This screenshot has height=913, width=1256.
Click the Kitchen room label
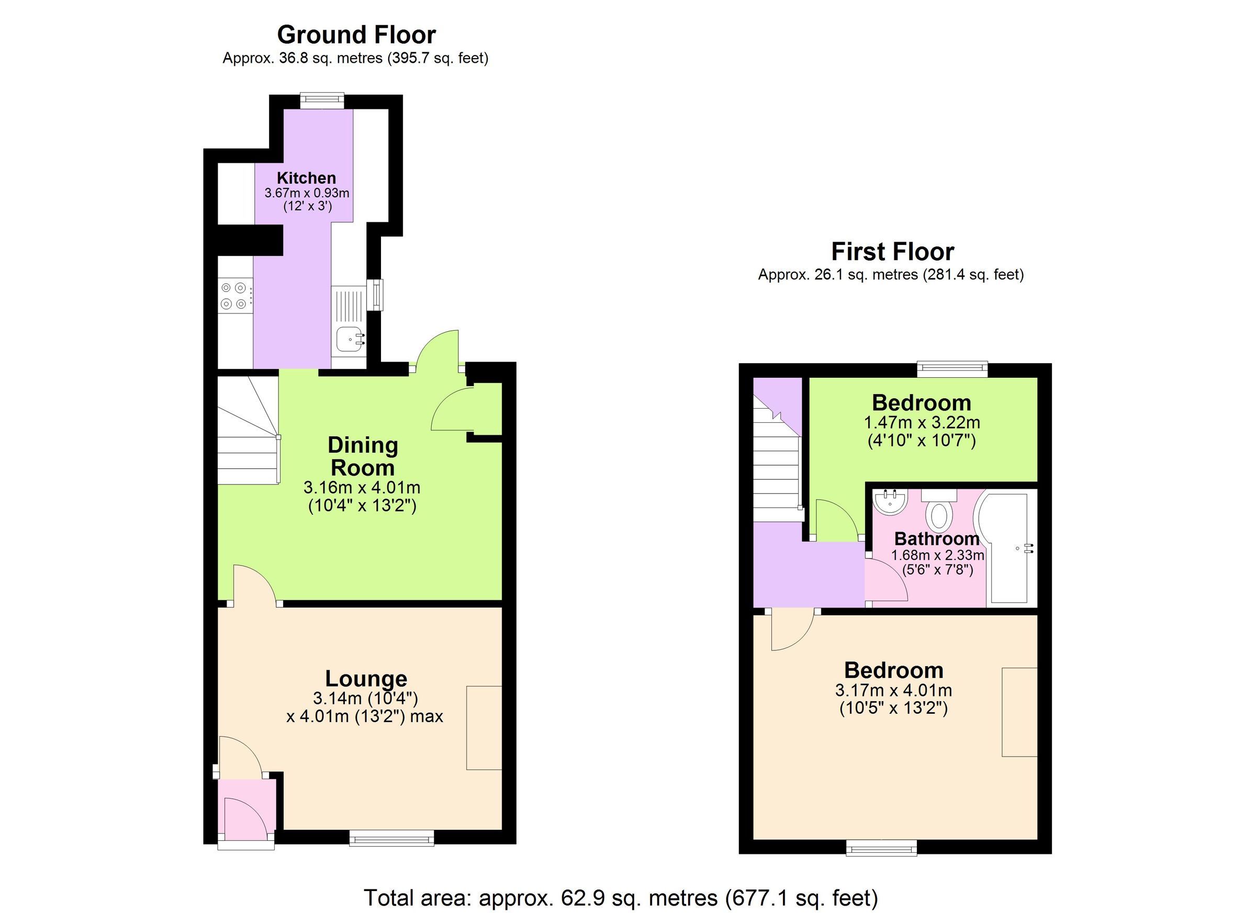306,178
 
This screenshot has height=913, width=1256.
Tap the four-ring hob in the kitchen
233,296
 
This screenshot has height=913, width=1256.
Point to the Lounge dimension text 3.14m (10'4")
365,697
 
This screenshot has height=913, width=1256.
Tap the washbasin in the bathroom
890,502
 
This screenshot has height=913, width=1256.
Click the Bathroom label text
936,539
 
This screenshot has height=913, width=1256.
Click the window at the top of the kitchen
322,100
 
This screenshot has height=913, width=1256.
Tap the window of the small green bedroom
952,369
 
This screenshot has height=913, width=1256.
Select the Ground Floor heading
356,35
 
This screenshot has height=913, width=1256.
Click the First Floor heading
892,252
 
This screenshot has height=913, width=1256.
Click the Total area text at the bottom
620,897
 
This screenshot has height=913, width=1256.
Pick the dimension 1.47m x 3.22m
922,423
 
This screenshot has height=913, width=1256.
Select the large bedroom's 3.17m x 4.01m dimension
893,691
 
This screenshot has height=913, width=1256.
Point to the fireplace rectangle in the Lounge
484,728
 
